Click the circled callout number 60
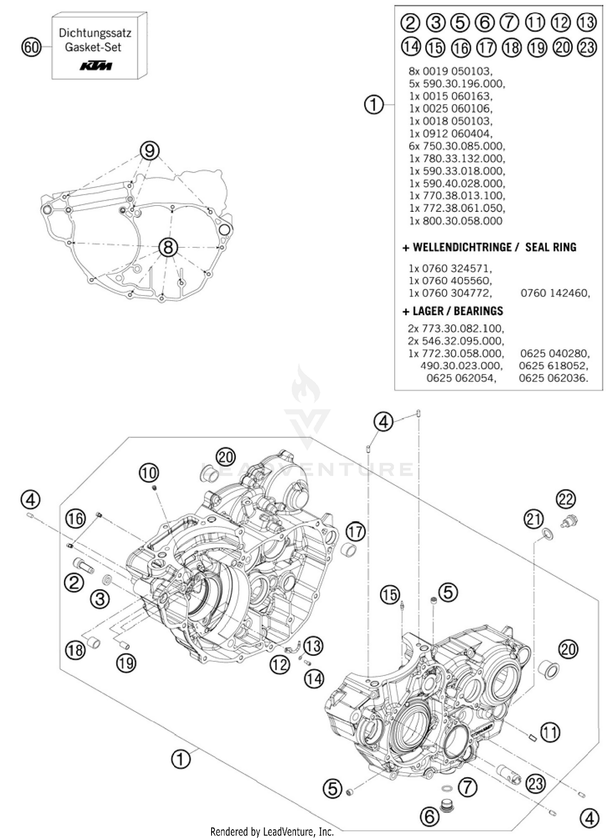pyautogui.click(x=32, y=47)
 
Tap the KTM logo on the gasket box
pyautogui.click(x=96, y=66)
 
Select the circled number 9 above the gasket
pyautogui.click(x=150, y=151)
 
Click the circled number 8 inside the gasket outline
pyautogui.click(x=168, y=247)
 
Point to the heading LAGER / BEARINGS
pyautogui.click(x=453, y=311)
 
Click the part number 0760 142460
pyautogui.click(x=555, y=293)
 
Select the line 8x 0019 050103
pyautogui.click(x=449, y=71)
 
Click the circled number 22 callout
pyautogui.click(x=566, y=499)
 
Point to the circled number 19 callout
pyautogui.click(x=126, y=662)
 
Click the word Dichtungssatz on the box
pyautogui.click(x=95, y=32)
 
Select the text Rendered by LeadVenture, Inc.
pyautogui.click(x=271, y=831)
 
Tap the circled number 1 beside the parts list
pyautogui.click(x=374, y=105)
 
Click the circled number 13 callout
pyautogui.click(x=313, y=646)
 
